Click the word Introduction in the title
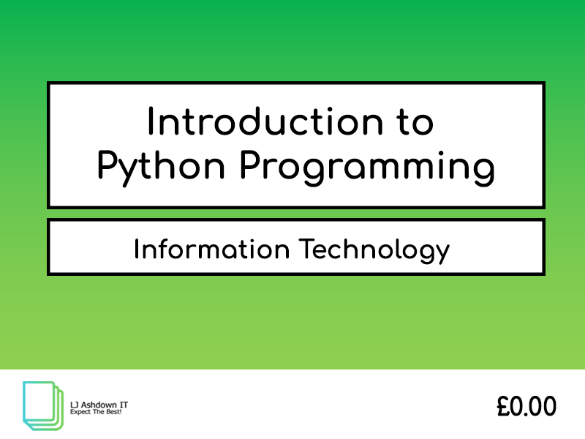click(265, 121)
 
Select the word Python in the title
click(161, 168)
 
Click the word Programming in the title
click(368, 168)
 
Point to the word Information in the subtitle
click(212, 249)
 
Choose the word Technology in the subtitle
click(374, 250)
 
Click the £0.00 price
click(526, 406)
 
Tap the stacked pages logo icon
click(43, 405)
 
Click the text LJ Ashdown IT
click(99, 405)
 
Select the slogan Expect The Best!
click(96, 412)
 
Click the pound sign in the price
click(503, 406)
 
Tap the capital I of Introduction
click(151, 121)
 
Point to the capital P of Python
click(107, 165)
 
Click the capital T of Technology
click(307, 249)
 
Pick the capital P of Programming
click(251, 165)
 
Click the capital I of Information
click(137, 249)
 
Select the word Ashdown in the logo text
click(98, 405)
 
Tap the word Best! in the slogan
click(115, 412)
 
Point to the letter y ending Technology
click(443, 254)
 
